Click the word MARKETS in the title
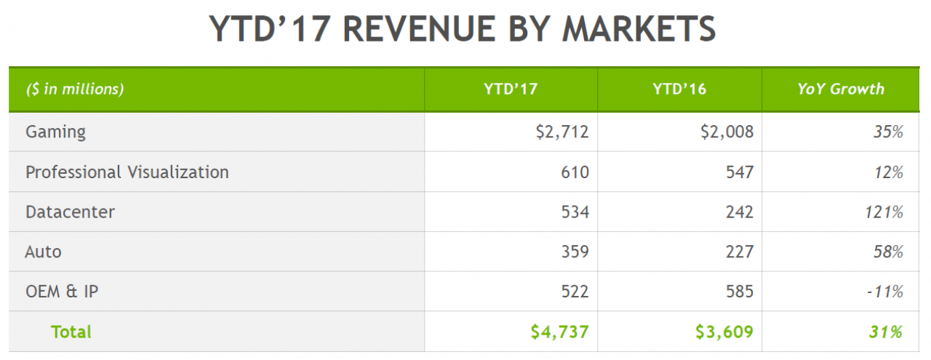pos(639,28)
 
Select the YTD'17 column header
pos(511,89)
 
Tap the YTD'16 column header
pos(679,89)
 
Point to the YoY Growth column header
pos(841,89)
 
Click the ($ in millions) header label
pos(75,89)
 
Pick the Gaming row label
pos(56,132)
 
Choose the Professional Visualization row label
pos(127,172)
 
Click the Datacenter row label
pos(70,212)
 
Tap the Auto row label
pos(43,252)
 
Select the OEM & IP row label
pos(62,292)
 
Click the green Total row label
pos(71,332)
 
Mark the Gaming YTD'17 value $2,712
pos(562,132)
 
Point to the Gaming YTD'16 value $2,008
pos(727,132)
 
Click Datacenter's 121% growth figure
pos(884,212)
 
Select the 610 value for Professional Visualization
pos(575,172)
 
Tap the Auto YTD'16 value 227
pos(740,252)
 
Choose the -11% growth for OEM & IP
pos(885,292)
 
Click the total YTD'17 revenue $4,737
pos(559,332)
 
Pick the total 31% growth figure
pos(885,332)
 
